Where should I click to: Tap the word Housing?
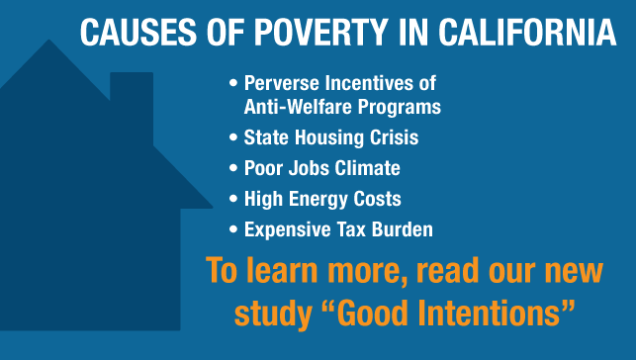pos(323,137)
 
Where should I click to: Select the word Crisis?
pos(389,137)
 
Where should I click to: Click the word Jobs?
pos(305,168)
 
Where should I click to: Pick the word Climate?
pos(366,168)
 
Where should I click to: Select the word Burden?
pos(401,229)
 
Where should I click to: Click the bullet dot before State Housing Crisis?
pos(233,138)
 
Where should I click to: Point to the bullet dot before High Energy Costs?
pos(233,200)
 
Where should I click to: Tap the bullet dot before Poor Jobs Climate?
pos(233,169)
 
